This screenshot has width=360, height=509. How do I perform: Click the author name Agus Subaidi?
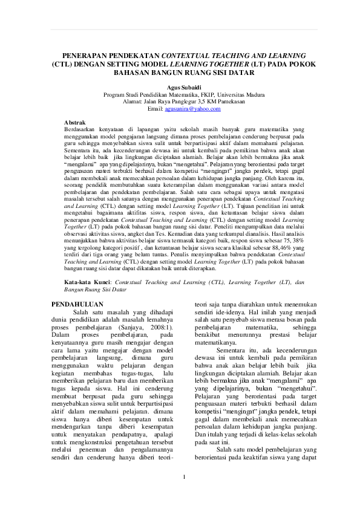coord(180,87)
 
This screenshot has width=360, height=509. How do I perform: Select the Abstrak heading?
coord(75,122)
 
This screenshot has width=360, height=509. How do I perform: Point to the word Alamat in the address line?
coord(133,101)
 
